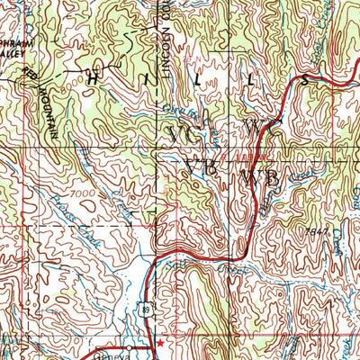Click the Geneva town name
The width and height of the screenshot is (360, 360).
pos(113,355)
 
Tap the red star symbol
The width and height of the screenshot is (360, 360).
pos(160,342)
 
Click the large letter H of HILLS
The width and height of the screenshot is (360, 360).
pos(94,78)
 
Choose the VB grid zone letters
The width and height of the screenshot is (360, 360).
pos(201,167)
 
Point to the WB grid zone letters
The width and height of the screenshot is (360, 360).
pos(260,179)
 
